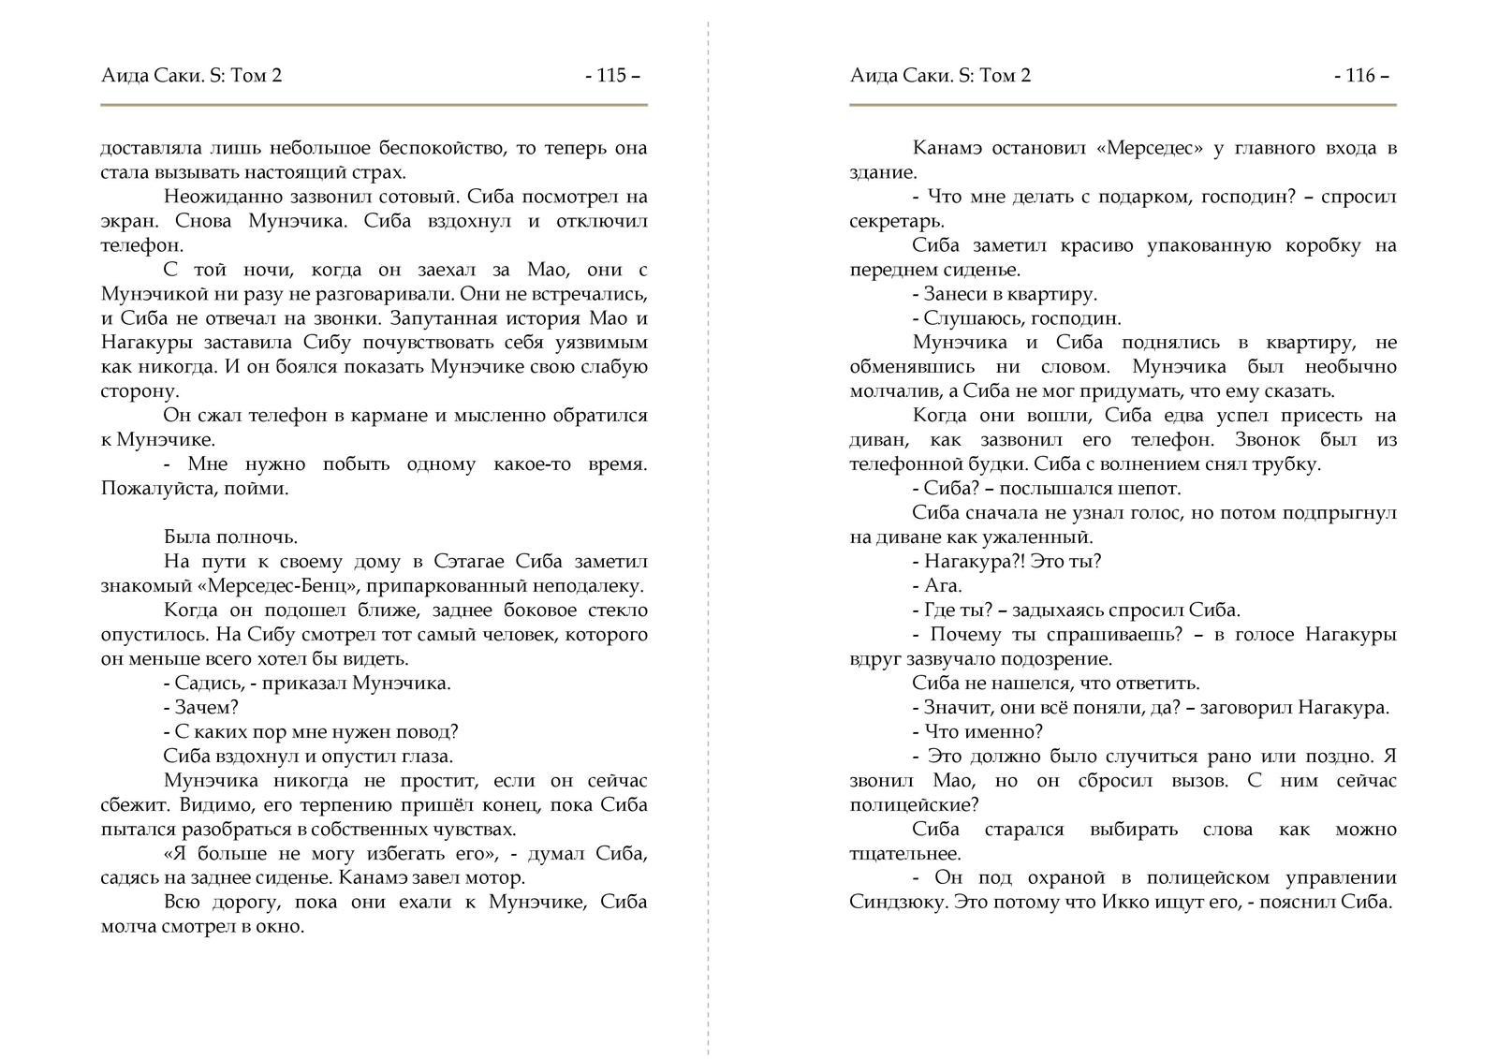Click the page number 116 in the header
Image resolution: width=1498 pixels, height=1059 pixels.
coord(1359,76)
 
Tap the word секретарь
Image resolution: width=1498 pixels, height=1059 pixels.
coord(895,221)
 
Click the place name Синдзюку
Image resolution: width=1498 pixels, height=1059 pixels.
coord(892,903)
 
